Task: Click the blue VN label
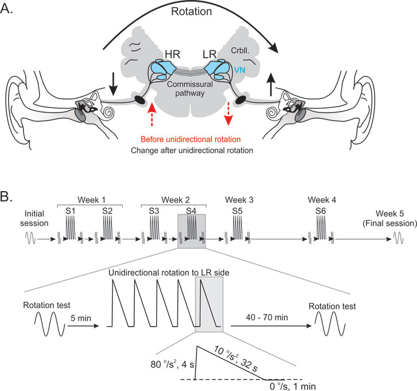click(x=239, y=70)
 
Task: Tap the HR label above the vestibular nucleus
click(x=172, y=54)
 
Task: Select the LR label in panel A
click(x=210, y=54)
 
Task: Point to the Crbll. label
click(x=240, y=51)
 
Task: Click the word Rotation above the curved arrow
click(x=191, y=11)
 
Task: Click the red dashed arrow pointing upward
click(x=151, y=114)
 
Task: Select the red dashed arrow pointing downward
click(x=228, y=114)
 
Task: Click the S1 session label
click(x=70, y=211)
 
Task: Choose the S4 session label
click(x=191, y=211)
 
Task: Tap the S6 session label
click(x=320, y=211)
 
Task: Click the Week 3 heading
click(x=239, y=200)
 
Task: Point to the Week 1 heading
click(x=92, y=200)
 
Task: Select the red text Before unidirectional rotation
click(x=191, y=139)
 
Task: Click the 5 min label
click(x=81, y=318)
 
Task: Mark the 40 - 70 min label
click(x=267, y=317)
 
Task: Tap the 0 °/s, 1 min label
click(x=293, y=386)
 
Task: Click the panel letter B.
click(x=7, y=197)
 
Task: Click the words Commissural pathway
click(x=190, y=89)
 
